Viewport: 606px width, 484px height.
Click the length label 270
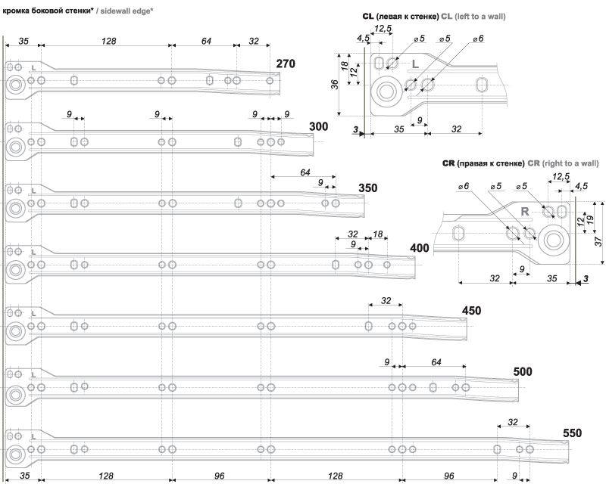pos(286,64)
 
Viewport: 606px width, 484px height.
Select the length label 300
pos(318,126)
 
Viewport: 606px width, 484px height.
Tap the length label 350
pos(368,188)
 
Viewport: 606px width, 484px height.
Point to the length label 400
pos(420,248)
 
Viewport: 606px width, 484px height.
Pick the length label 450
pos(471,311)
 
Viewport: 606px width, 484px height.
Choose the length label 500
pos(523,371)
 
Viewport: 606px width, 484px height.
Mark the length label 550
pos(572,433)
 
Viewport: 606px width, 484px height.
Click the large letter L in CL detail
pos(415,64)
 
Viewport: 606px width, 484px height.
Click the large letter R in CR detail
pos(524,212)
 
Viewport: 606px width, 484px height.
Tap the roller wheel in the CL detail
pos(386,92)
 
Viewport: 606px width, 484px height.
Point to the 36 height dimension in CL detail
pos(335,84)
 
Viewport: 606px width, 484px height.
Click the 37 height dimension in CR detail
pos(598,242)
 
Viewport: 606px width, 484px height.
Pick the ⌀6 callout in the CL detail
pos(478,39)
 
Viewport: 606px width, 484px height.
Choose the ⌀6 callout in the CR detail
pos(463,186)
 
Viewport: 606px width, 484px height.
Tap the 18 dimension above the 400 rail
pos(377,234)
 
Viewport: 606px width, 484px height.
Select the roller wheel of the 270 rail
pos(15,85)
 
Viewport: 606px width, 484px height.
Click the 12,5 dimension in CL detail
pos(383,28)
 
